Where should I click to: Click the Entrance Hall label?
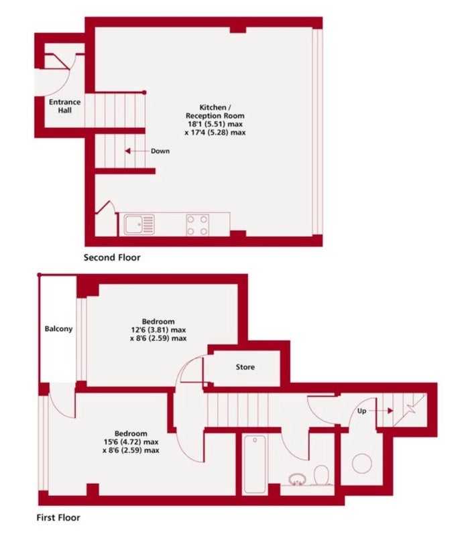click(64, 106)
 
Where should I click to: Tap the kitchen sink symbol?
click(139, 224)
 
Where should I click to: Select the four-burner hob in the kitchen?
click(197, 225)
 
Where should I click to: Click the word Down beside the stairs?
click(160, 151)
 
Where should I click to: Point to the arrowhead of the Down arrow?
click(127, 151)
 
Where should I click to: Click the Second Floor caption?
click(112, 257)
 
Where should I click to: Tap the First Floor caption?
click(58, 517)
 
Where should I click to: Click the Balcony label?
click(58, 329)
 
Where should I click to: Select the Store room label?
click(245, 367)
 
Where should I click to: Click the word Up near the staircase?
click(361, 411)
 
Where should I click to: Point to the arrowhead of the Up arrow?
click(390, 411)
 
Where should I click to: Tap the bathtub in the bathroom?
click(255, 464)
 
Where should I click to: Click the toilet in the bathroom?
click(322, 475)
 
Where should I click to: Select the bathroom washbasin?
click(296, 479)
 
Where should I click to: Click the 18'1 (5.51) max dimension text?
click(215, 124)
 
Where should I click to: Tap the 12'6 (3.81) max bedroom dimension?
click(158, 330)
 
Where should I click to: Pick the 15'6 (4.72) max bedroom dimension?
click(131, 442)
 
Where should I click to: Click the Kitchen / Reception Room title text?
click(215, 111)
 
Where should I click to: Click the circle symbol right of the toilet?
click(361, 464)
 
